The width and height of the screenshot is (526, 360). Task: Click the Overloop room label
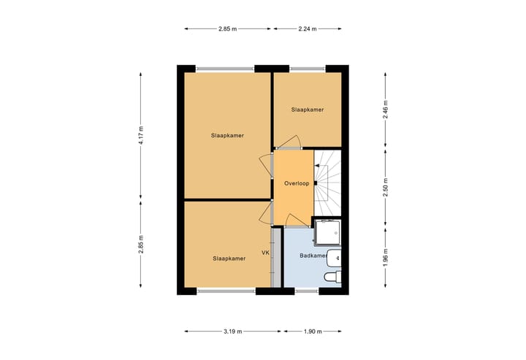(297, 183)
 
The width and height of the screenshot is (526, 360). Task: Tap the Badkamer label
(312, 256)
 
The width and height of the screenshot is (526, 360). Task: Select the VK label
(265, 253)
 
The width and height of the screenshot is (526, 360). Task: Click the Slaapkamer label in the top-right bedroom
(307, 110)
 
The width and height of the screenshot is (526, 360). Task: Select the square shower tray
(327, 232)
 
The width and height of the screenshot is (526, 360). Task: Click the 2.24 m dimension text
(308, 28)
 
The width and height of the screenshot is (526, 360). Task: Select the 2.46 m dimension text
(385, 110)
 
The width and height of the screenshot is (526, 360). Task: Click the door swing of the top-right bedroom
(290, 142)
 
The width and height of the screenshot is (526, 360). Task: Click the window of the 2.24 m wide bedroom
(308, 69)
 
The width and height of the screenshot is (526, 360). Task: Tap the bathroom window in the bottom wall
(307, 290)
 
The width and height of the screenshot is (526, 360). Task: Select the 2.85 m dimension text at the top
(227, 28)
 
